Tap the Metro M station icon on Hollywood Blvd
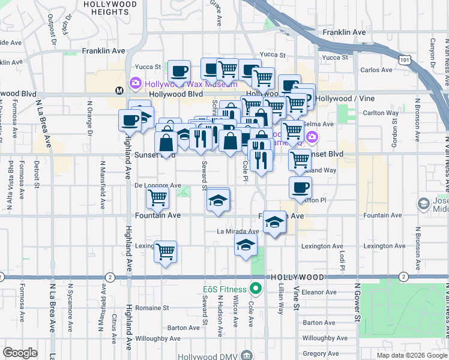point(119,91)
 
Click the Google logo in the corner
point(20,353)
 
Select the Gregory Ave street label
point(318,353)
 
